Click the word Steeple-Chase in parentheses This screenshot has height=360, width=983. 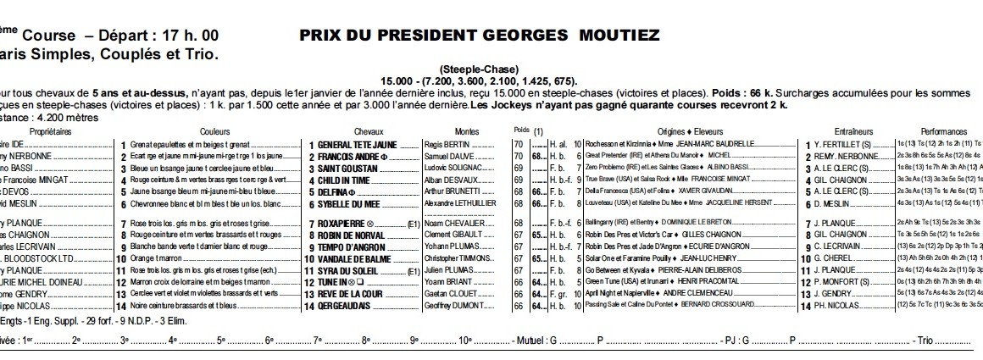[479, 69]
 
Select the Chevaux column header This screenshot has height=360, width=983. [369, 132]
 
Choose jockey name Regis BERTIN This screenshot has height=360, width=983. [446, 145]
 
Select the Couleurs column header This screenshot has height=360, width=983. [214, 132]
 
